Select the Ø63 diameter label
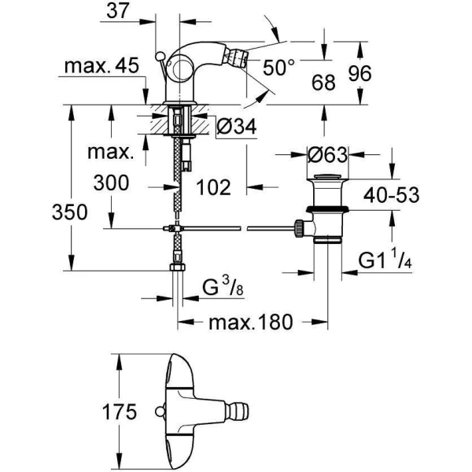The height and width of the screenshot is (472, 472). tap(325, 154)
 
